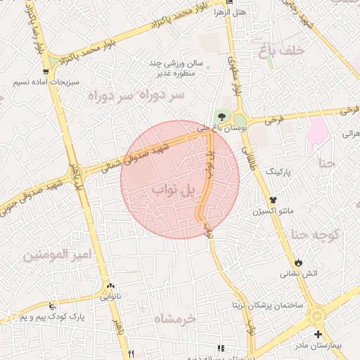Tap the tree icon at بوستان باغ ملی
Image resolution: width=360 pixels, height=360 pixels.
coord(222,117)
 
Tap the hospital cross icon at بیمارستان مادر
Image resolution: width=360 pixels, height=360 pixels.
coord(318,334)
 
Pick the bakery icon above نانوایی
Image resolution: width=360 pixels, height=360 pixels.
coord(110,286)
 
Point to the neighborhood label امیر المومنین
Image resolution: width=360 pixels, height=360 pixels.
coord(58,254)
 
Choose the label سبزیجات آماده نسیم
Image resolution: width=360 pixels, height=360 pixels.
coord(41,82)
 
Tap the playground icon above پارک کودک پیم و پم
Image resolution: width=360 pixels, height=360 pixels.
coord(52,307)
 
